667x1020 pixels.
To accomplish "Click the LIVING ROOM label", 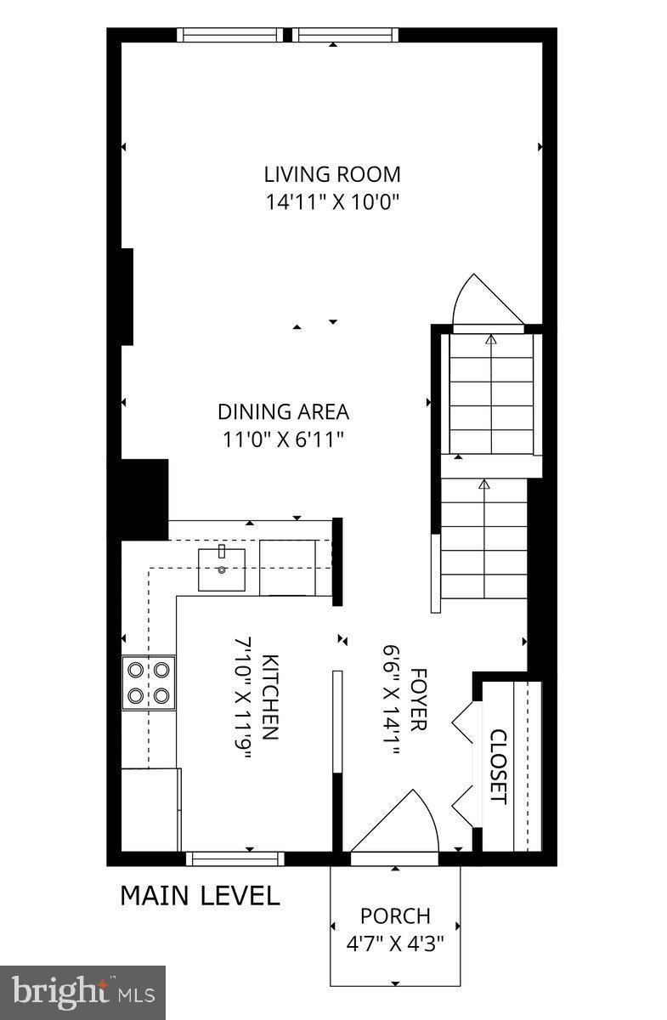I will pos(331,175).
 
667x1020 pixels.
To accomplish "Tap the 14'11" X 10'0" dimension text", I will pos(331,202).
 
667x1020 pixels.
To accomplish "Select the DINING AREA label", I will pos(283,412).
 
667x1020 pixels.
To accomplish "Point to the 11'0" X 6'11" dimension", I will pos(283,439).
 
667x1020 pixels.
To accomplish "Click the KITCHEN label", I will pos(269,697).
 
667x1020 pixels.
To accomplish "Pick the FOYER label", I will pos(417,697).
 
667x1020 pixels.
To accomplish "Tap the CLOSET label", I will pos(498,767).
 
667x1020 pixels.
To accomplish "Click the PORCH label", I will pos(395,916).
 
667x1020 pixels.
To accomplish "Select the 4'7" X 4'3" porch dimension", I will pos(395,943).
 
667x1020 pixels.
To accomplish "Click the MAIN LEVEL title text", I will pos(200,896).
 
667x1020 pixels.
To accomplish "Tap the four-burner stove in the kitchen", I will pos(148,683).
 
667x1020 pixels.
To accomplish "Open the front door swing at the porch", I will pos(399,824).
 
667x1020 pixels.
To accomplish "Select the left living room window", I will pos(230,35).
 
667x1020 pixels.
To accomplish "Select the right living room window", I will pos(346,35).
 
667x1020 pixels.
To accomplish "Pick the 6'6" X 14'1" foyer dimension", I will pos(390,697).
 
